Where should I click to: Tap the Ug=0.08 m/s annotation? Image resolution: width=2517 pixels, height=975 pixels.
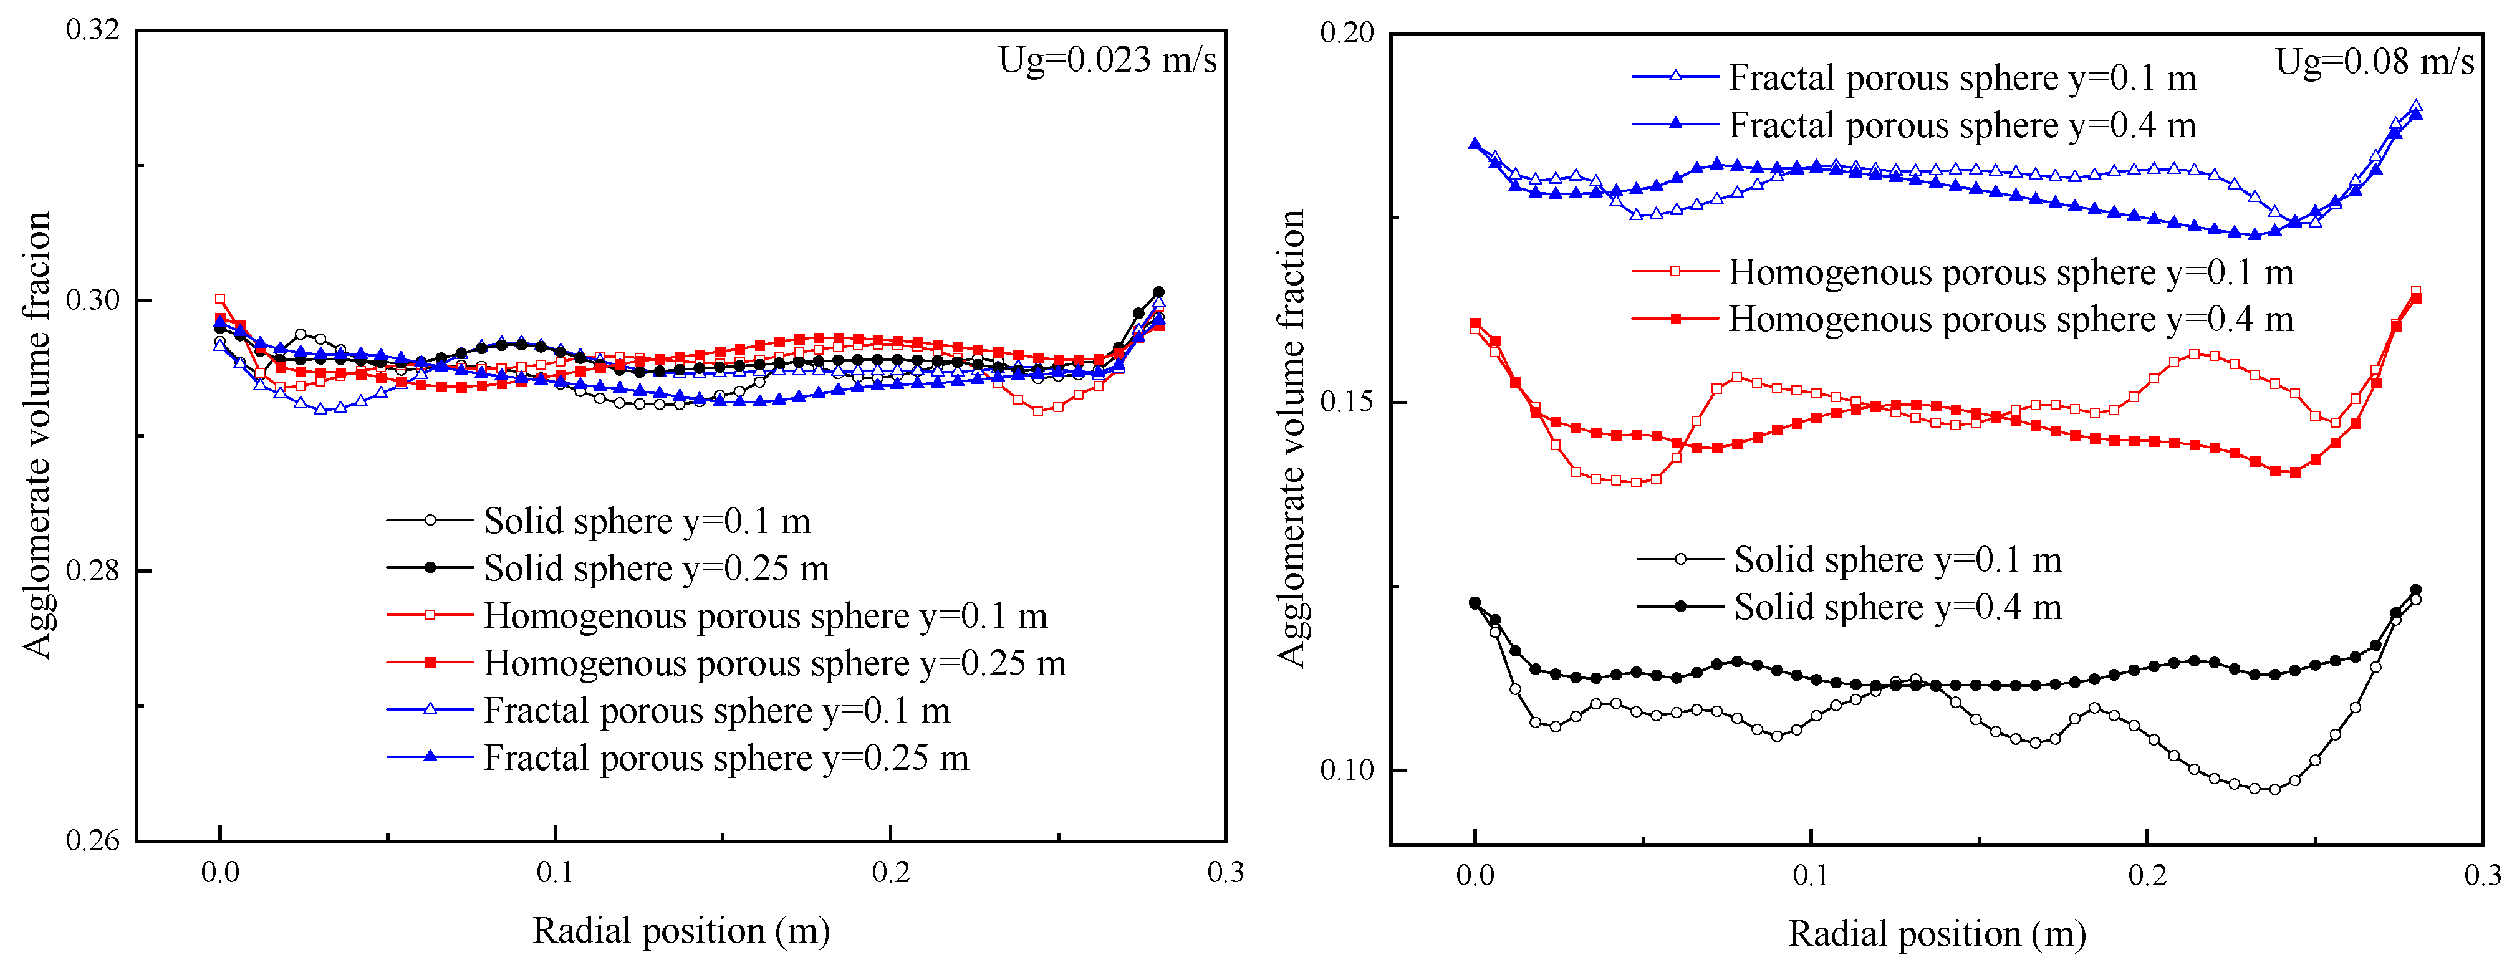[2374, 62]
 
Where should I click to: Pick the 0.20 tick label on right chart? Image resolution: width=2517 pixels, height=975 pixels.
[1347, 33]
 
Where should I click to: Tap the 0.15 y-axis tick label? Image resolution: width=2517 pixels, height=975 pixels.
[1347, 401]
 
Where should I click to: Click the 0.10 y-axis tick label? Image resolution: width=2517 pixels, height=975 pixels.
[1347, 770]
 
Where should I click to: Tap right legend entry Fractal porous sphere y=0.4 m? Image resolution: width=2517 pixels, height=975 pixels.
[1962, 126]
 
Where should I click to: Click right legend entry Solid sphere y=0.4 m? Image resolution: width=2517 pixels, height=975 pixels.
[1897, 608]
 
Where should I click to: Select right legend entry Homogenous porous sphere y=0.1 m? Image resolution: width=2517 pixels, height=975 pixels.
[2010, 272]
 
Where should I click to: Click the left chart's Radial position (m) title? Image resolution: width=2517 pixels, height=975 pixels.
[681, 931]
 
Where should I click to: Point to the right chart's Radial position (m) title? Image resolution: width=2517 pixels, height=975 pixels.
[1937, 934]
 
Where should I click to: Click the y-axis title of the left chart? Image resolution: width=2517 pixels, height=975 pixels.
[37, 436]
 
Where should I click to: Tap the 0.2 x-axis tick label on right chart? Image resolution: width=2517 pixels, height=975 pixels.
[2147, 875]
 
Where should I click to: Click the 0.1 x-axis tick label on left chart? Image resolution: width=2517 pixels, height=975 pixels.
[555, 872]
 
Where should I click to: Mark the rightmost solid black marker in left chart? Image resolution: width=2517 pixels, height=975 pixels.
[1159, 292]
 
